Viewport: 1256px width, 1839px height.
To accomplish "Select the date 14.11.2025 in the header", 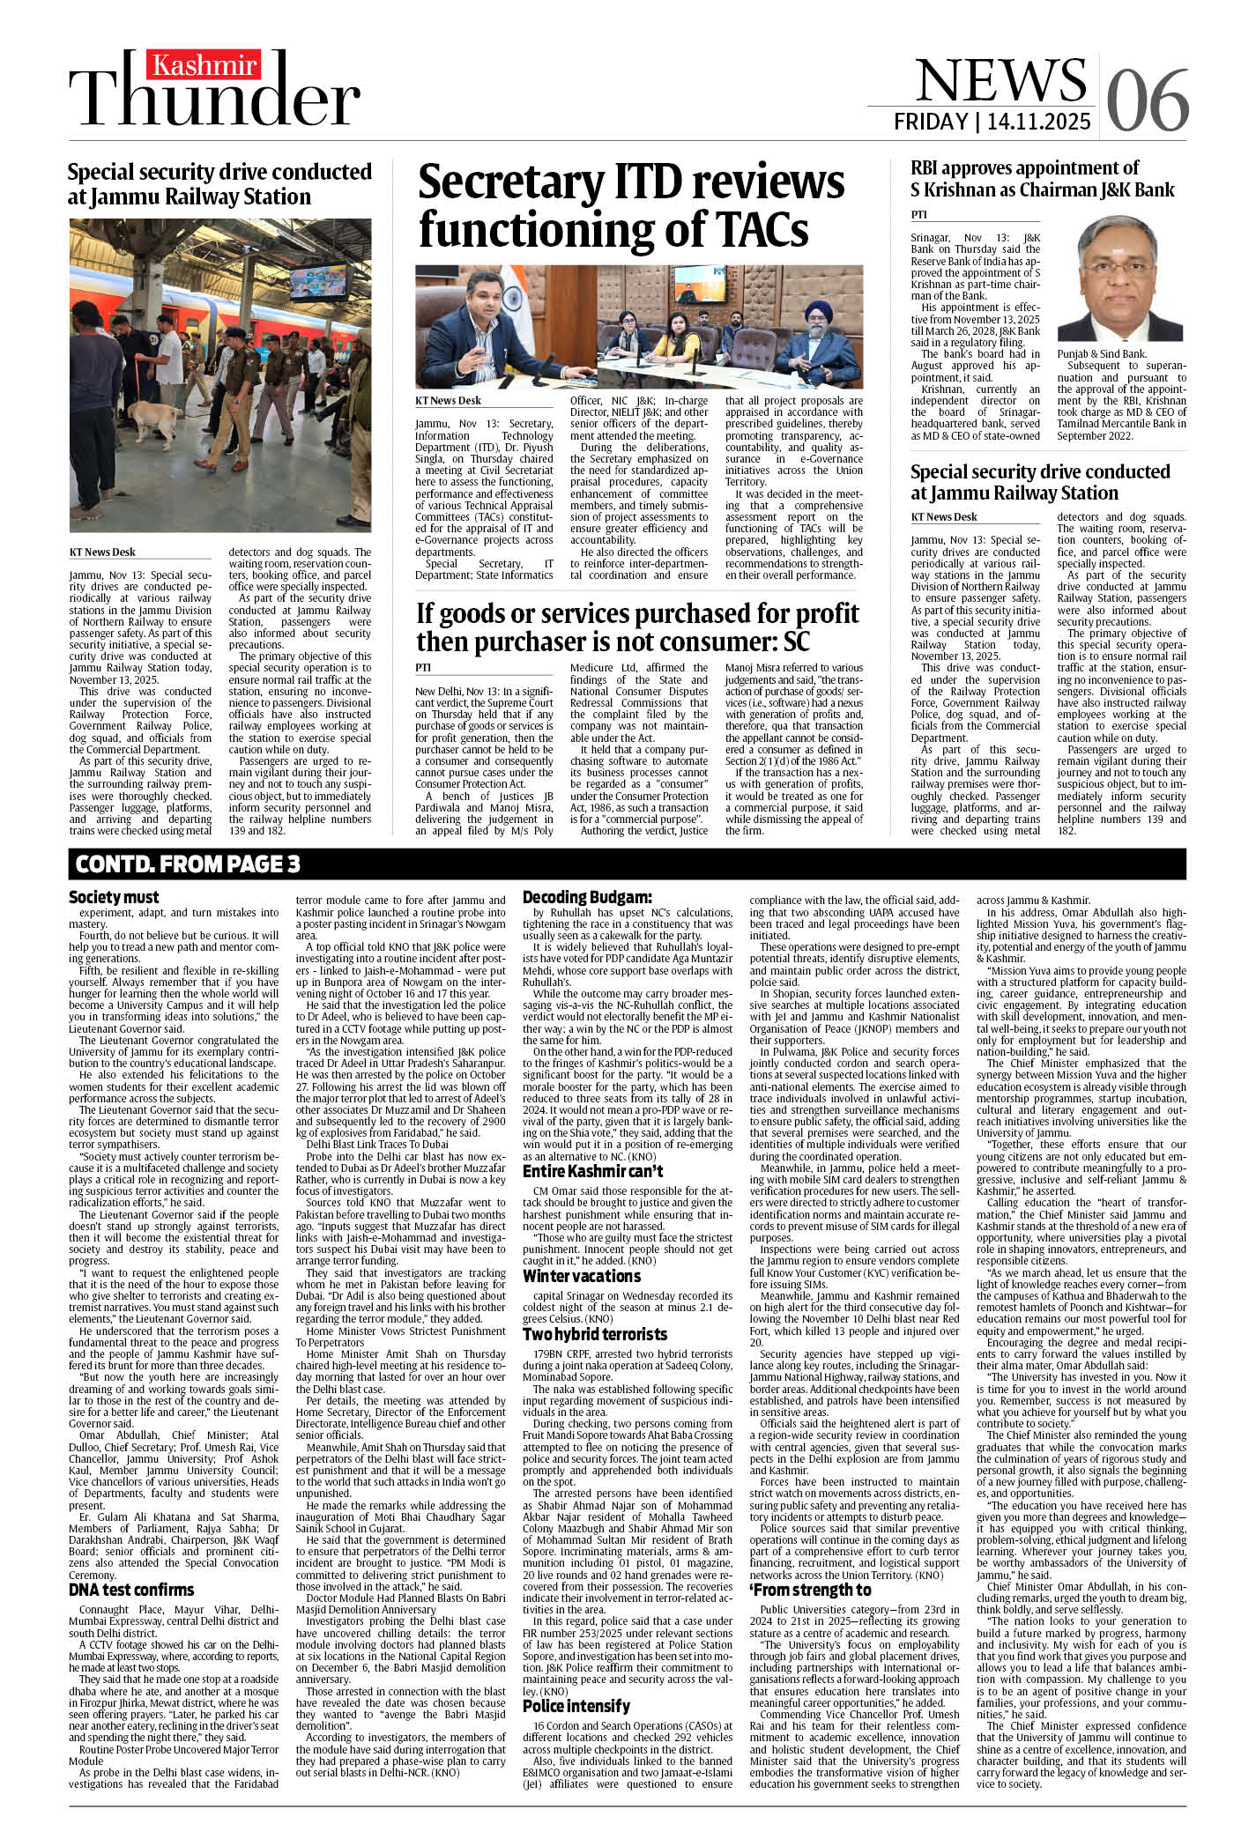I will (x=1039, y=122).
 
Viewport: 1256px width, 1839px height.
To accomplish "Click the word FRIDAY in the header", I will (x=930, y=122).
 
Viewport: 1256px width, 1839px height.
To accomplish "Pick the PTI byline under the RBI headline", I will (x=919, y=215).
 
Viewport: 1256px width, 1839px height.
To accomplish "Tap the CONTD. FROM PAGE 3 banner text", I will (x=188, y=864).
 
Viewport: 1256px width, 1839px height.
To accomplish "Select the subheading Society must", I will (x=114, y=897).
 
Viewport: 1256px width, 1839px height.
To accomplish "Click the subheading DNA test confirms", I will (x=131, y=1591).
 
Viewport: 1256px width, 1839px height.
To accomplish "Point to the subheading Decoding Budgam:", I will (x=587, y=897).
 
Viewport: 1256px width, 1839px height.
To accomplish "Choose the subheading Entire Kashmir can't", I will (x=592, y=1172).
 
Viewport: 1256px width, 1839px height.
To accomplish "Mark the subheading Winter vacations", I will (x=581, y=1276).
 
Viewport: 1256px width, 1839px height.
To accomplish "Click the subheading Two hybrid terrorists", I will (x=595, y=1334).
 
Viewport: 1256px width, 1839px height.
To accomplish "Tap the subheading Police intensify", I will (x=576, y=1707).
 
